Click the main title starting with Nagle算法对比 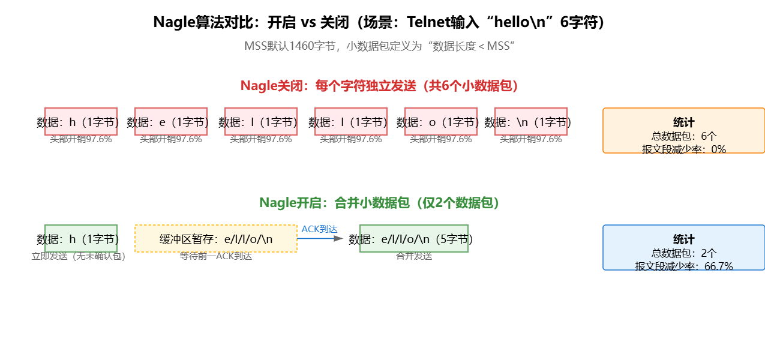pos(382,22)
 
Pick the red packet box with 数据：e pos(171,122)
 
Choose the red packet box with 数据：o pos(441,122)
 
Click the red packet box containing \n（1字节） pos(531,122)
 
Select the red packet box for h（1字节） pos(81,122)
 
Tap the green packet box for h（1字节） pos(81,239)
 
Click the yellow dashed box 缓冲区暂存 pos(216,239)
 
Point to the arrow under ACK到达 pos(320,239)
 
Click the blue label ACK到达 pos(320,229)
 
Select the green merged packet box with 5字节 pos(414,239)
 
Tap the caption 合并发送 pos(414,256)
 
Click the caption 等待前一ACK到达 pos(216,256)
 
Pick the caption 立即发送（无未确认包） pos(79,256)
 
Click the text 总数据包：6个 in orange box pos(684,136)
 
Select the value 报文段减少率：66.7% pos(684,266)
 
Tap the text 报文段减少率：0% pos(684,149)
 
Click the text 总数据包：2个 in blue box pos(684,253)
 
